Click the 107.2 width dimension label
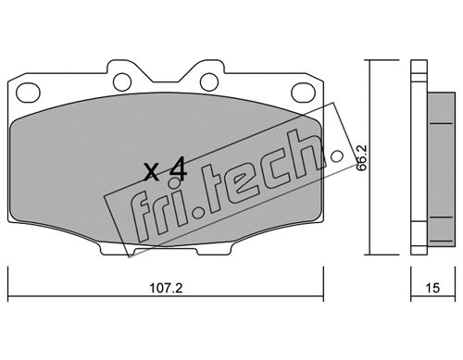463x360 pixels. (166, 288)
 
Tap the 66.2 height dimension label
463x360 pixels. (361, 157)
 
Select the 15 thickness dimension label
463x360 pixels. (432, 288)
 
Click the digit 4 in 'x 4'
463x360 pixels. (178, 169)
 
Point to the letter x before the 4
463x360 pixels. (152, 173)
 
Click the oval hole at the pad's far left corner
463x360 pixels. (29, 93)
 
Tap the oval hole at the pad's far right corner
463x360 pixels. (304, 93)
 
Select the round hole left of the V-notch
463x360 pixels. (122, 81)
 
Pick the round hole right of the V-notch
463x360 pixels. (209, 81)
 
